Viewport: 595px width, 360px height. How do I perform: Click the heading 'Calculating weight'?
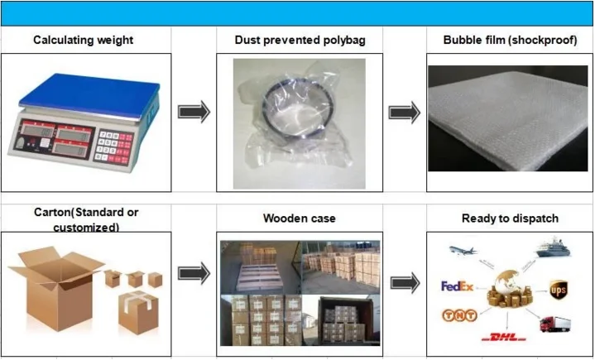(83, 39)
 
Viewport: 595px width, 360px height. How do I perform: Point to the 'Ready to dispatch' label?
(510, 218)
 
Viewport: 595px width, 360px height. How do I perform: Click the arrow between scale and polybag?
(194, 111)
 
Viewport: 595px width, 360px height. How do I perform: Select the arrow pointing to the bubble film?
(403, 111)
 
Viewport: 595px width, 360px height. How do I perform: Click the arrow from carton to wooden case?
(194, 274)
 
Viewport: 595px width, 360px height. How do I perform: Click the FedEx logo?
(457, 286)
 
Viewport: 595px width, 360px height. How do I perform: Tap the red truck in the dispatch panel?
(554, 324)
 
